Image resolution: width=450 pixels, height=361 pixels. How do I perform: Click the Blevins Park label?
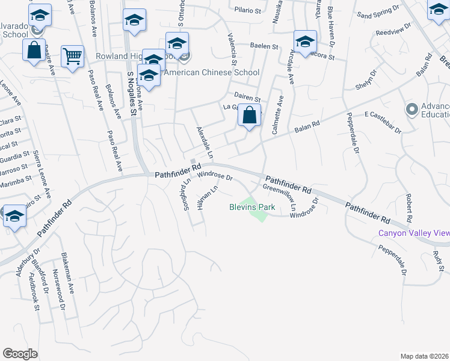(x=252, y=207)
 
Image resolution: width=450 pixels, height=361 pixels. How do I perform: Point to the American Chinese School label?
(x=212, y=72)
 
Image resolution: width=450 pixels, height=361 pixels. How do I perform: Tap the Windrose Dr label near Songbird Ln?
(x=215, y=176)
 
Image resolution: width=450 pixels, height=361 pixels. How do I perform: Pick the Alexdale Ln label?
(x=205, y=143)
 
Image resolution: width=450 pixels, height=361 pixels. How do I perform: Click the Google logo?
(x=20, y=354)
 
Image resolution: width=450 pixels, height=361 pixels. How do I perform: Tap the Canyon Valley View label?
(x=413, y=233)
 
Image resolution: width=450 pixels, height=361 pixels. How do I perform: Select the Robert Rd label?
(x=408, y=208)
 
